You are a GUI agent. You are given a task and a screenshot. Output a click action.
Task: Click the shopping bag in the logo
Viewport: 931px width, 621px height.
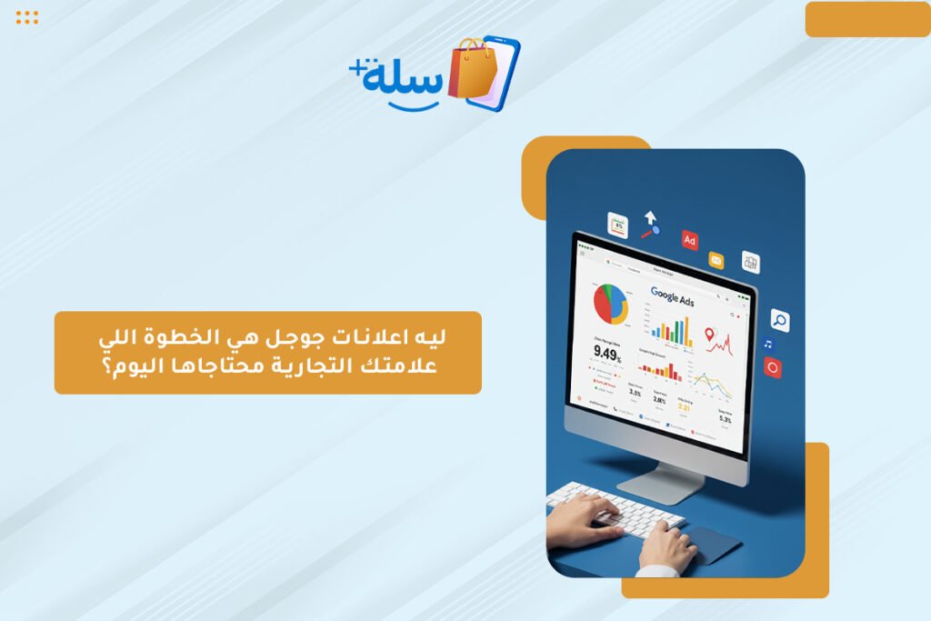[x=470, y=68]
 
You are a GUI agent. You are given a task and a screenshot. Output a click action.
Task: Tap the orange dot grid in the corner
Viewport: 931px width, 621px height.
[x=27, y=17]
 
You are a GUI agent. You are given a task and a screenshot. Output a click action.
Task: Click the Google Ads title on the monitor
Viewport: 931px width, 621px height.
[x=672, y=295]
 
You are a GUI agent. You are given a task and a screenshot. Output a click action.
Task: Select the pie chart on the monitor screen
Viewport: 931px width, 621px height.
[x=611, y=303]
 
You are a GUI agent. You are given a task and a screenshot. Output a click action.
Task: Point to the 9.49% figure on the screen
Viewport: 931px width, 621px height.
[x=607, y=353]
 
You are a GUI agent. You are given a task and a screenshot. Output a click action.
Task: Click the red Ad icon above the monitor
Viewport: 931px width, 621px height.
[x=690, y=239]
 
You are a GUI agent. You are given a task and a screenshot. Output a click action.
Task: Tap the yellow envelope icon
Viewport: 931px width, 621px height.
[x=716, y=260]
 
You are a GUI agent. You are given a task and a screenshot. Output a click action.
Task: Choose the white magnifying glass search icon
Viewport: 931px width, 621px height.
[x=779, y=320]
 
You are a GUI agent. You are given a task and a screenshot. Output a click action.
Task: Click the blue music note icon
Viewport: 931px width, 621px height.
[x=768, y=345]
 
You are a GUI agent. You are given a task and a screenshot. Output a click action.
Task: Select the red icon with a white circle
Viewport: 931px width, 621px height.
[x=773, y=367]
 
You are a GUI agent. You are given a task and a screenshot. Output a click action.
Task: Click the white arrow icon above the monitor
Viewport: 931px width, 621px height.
[x=650, y=219]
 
